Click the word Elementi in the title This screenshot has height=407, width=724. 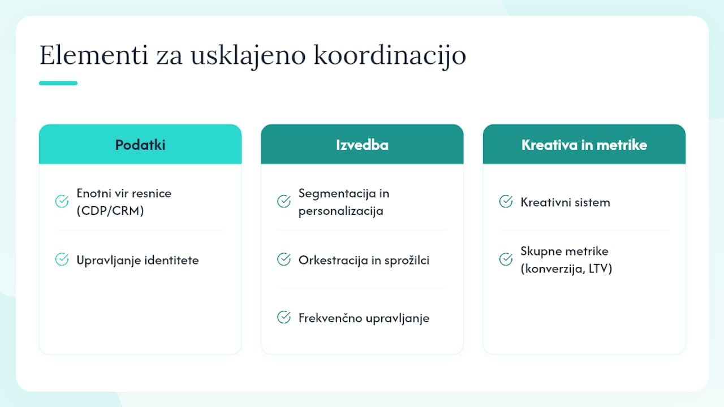(94, 55)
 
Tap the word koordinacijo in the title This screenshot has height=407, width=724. (390, 57)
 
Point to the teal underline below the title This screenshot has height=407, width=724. (58, 83)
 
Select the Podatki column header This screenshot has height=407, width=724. (140, 144)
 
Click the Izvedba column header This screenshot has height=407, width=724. (362, 144)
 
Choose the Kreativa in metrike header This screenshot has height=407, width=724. (584, 144)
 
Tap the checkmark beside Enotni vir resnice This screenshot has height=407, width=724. (62, 202)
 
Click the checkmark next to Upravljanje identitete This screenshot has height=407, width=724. (62, 259)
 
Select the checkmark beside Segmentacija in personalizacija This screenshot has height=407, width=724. (284, 202)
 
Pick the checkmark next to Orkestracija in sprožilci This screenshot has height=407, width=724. (284, 259)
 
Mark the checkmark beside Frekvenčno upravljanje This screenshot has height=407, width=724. (284, 317)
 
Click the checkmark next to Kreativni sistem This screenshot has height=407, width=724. (506, 202)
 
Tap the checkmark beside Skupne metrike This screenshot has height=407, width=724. (506, 259)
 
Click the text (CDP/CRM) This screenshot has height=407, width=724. (110, 211)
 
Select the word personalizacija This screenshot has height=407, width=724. (341, 211)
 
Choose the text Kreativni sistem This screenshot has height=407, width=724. (565, 202)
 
